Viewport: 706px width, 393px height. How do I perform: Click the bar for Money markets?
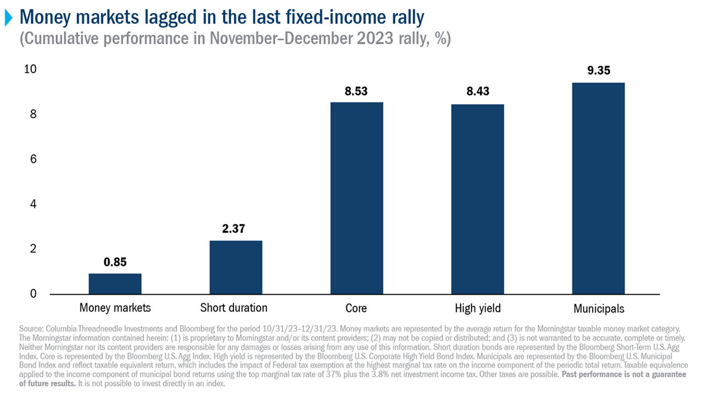pos(115,283)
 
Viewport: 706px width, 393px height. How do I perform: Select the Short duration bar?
pos(236,267)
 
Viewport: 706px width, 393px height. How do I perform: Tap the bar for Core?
pos(356,198)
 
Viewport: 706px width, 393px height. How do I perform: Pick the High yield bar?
pos(477,199)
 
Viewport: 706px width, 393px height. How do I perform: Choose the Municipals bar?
pos(598,188)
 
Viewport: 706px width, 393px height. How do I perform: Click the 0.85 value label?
pos(115,262)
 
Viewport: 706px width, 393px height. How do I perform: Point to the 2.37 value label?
pos(236,229)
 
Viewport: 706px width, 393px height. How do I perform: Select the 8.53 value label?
pos(356,90)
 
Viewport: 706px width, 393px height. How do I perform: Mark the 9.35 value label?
pos(598,71)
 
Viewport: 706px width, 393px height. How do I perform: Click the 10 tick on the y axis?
pos(31,69)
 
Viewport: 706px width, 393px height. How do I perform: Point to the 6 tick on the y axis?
pos(34,159)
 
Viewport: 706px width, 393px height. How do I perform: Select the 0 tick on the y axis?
pos(34,294)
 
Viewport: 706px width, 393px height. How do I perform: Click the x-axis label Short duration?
pos(233,308)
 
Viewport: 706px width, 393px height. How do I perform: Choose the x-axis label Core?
pos(356,308)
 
